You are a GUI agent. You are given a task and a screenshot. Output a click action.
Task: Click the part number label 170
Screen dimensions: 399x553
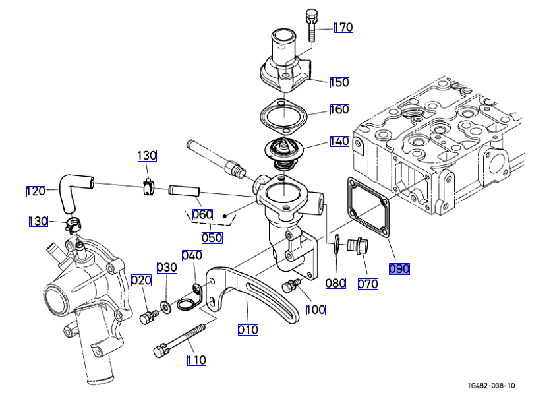[x=343, y=27]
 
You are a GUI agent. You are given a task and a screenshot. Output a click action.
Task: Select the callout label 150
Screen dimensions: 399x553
[x=339, y=82]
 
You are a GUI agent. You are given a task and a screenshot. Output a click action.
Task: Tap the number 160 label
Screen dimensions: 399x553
[x=339, y=109]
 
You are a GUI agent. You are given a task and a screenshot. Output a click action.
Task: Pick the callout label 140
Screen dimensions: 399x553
[x=339, y=140]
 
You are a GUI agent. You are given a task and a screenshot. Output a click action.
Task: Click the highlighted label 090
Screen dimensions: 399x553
[x=399, y=268]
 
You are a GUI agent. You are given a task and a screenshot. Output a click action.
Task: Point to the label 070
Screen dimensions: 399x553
[x=368, y=284]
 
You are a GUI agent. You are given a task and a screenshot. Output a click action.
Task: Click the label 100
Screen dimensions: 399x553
[x=315, y=309]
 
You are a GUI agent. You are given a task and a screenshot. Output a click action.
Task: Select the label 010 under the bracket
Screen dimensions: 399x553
[x=248, y=329]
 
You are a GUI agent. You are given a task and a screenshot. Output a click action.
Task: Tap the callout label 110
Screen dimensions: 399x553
[x=196, y=360]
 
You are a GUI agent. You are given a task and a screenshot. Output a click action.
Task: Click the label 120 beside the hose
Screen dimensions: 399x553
[x=36, y=191]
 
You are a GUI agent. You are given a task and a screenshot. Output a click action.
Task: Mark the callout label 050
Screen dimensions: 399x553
[x=212, y=237]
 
